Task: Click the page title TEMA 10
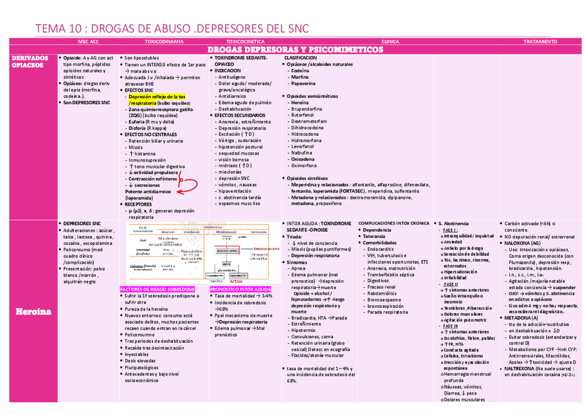click(x=172, y=28)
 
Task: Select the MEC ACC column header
click(x=88, y=42)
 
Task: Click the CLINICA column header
click(x=390, y=42)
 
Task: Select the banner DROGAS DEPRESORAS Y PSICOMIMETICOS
click(x=295, y=50)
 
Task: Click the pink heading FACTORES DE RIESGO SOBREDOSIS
click(x=157, y=289)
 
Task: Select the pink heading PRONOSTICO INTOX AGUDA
click(x=239, y=289)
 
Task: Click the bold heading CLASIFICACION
click(x=301, y=58)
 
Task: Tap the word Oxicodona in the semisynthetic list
click(x=304, y=159)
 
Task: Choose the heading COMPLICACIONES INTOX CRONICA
click(x=394, y=224)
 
